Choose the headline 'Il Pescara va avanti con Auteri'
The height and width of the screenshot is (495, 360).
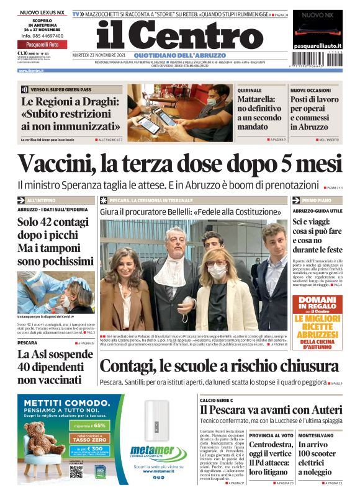click(271, 410)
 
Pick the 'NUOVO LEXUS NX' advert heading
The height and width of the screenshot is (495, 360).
click(43, 12)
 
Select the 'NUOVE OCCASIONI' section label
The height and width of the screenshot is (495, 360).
click(311, 90)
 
